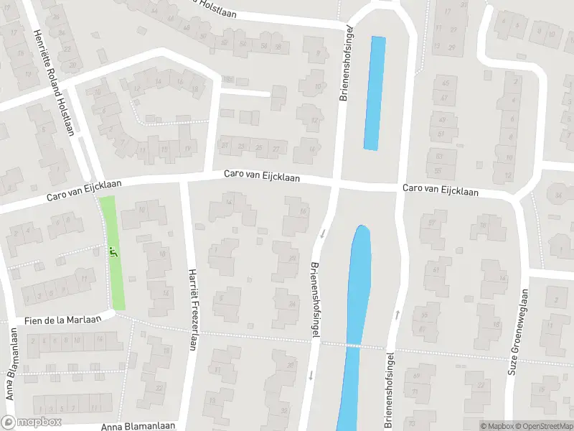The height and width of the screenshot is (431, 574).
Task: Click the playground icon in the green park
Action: (112, 251)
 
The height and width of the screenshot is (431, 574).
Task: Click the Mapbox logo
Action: (32, 422)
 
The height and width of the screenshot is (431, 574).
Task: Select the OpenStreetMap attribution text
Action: (543, 426)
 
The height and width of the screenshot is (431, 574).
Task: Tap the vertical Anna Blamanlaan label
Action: (10, 374)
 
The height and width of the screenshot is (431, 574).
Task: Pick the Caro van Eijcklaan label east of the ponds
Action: (441, 190)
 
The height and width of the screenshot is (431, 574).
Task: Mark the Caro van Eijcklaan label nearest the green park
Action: (85, 190)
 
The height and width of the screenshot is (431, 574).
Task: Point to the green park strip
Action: (113, 253)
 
